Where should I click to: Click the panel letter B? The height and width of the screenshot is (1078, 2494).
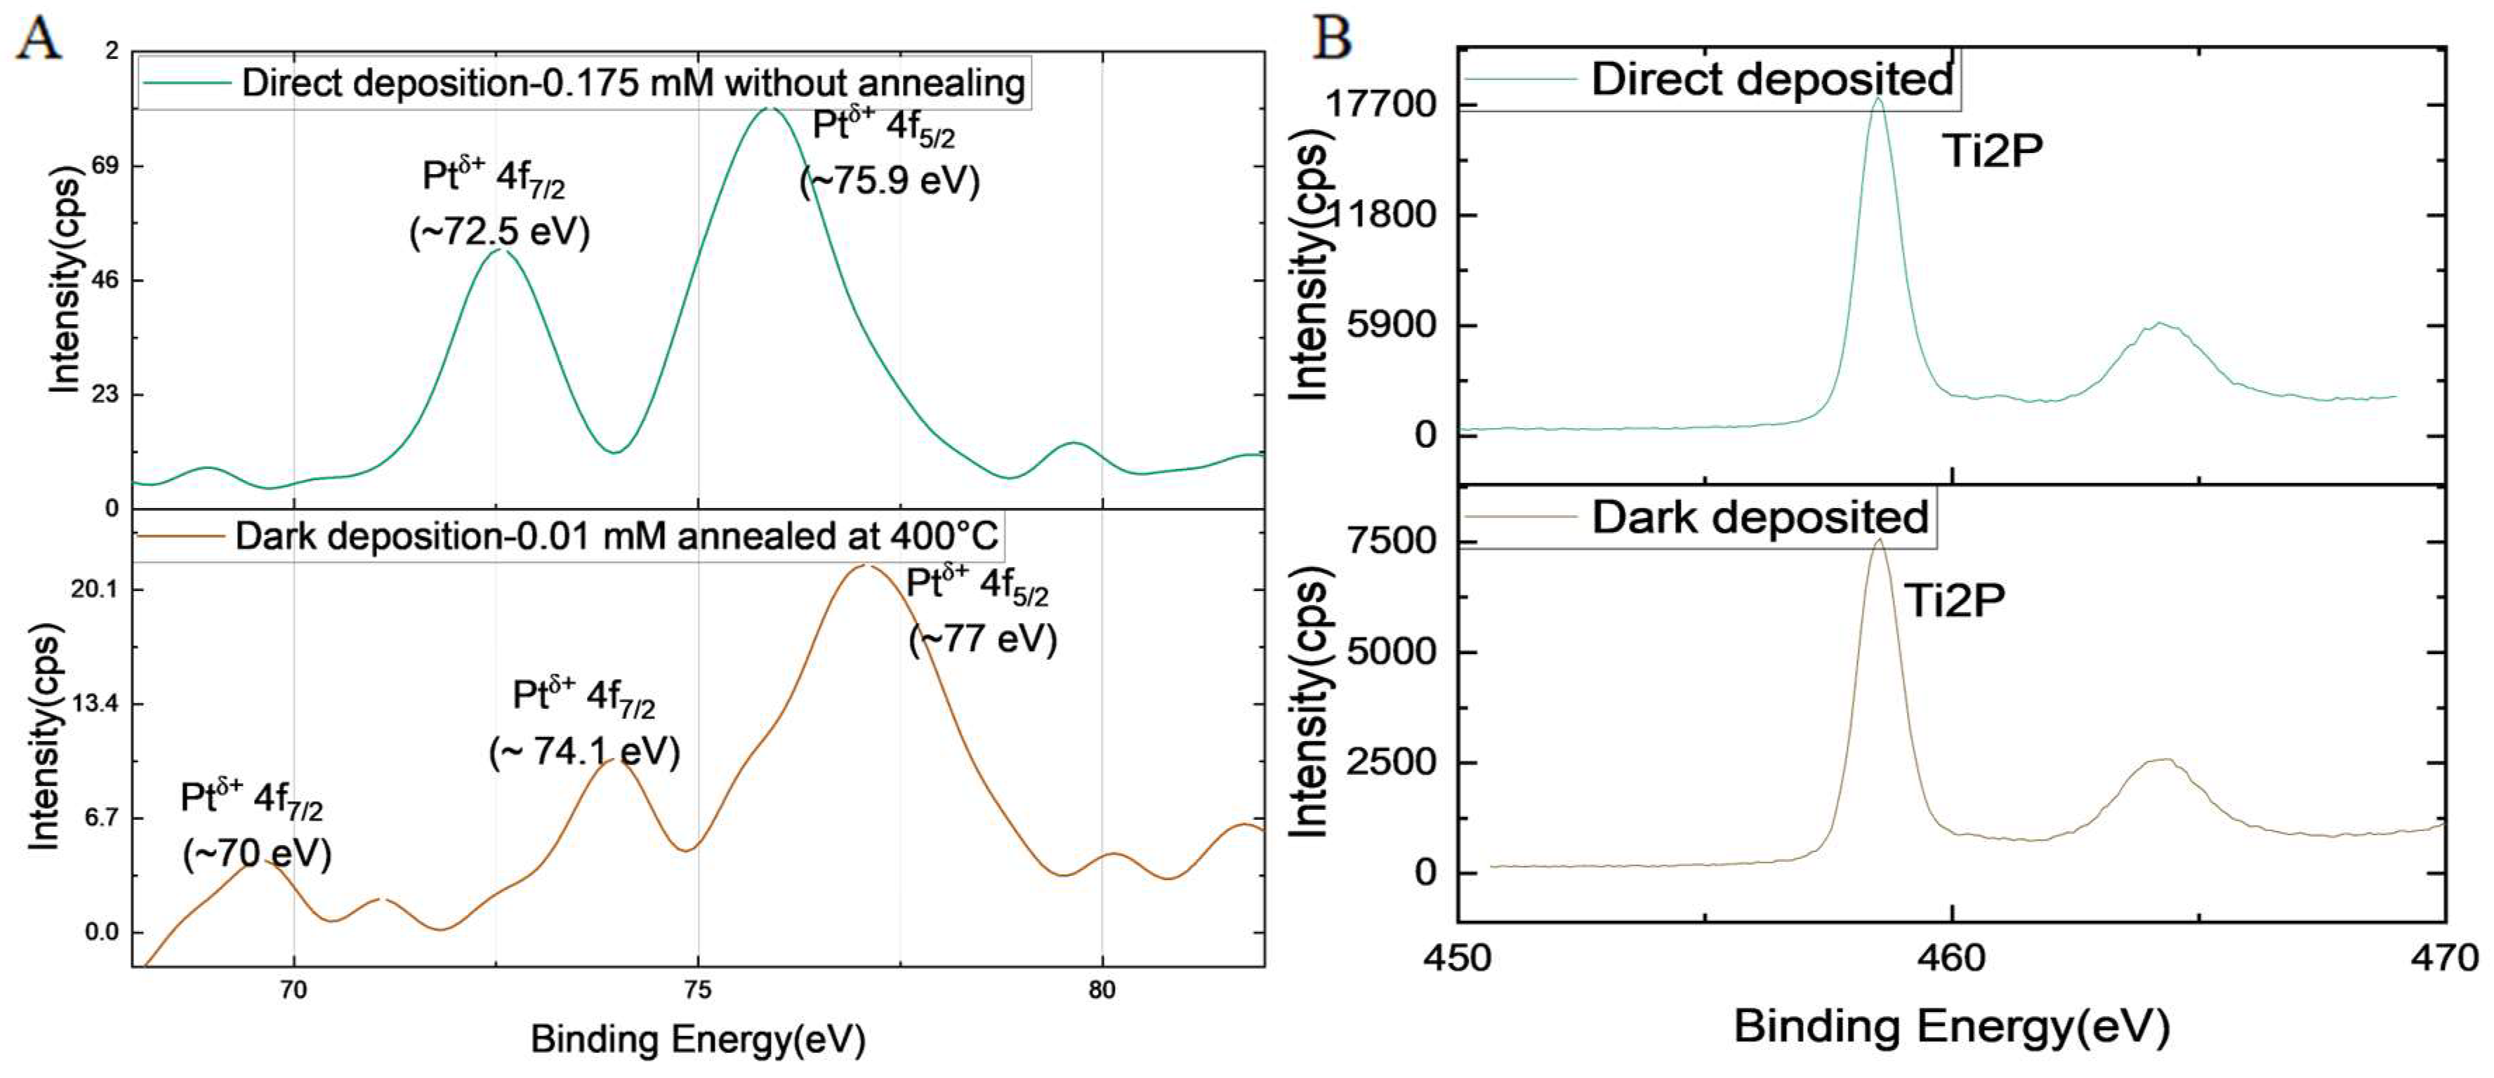(x=1332, y=39)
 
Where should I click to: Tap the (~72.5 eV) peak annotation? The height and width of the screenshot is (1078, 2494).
(x=500, y=232)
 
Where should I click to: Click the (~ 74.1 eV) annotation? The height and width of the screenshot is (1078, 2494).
(x=585, y=752)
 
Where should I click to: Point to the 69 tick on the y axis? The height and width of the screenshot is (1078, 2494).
(x=105, y=166)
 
